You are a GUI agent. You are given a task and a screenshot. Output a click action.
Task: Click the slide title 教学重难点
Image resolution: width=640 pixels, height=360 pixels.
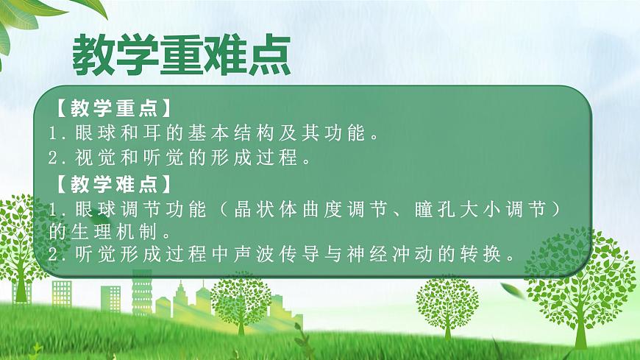pos(180,54)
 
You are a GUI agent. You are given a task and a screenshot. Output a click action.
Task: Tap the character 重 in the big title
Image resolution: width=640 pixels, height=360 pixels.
pos(180,54)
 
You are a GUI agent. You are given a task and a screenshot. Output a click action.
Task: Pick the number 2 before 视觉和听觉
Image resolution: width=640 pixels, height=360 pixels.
pos(53,158)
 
